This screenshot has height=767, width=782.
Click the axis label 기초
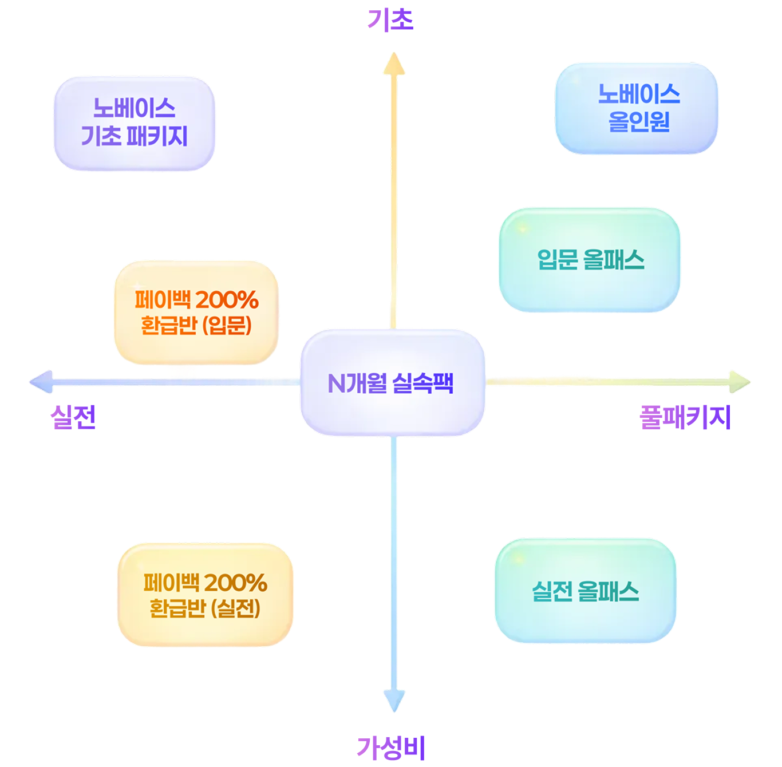point(390,20)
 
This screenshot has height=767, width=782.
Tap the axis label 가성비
point(391,748)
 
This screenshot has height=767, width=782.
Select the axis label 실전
point(73,417)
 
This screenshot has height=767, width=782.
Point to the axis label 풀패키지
point(685,417)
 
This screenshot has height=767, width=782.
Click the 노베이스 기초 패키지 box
point(135,123)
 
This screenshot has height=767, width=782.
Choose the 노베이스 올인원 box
point(637,108)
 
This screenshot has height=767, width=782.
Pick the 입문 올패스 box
point(590,260)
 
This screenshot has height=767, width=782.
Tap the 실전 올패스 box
point(585,591)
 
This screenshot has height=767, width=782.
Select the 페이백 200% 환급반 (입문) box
point(196,313)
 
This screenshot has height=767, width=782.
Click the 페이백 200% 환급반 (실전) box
point(205,595)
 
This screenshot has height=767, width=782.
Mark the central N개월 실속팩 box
point(393,382)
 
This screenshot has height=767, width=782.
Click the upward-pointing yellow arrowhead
point(394,63)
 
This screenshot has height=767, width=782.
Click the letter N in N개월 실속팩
point(336,383)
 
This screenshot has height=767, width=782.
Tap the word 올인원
point(639,122)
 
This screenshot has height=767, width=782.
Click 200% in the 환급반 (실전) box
point(236,583)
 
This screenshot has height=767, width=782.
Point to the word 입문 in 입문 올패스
point(556,260)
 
